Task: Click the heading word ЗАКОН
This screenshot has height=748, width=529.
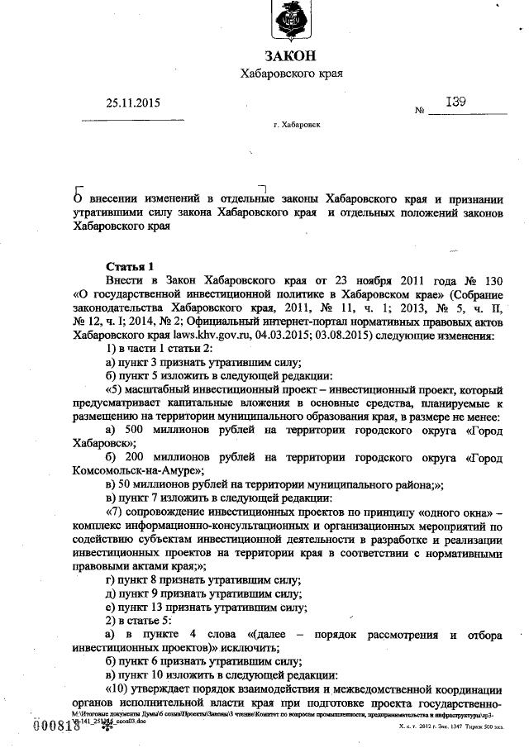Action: (x=290, y=55)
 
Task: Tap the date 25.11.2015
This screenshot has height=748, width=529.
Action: (x=133, y=104)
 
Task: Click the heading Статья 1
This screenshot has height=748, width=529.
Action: (x=131, y=266)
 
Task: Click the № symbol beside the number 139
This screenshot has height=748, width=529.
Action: (x=419, y=110)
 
